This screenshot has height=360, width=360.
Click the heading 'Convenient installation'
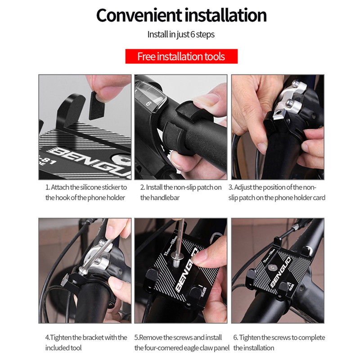[181, 15]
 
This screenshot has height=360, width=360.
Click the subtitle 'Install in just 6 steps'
[181, 35]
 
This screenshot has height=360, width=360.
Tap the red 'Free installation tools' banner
[181, 57]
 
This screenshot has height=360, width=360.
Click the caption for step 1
[86, 192]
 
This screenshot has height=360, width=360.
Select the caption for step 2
[181, 192]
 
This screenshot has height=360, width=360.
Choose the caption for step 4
[86, 342]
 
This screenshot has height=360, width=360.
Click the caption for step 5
[182, 342]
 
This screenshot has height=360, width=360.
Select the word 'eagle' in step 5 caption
[194, 348]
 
